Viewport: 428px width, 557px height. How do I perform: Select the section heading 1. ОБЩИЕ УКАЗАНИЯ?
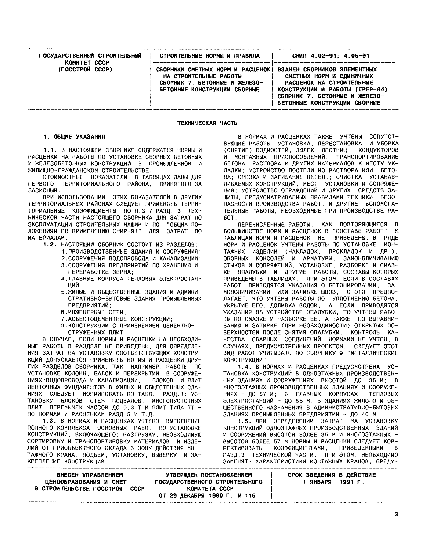[74, 137]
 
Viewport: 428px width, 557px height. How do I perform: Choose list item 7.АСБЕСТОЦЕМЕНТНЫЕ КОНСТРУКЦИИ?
[117, 319]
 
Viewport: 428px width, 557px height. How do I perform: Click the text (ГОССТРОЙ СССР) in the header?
[85, 69]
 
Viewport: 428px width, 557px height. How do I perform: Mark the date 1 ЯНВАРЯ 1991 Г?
[334, 482]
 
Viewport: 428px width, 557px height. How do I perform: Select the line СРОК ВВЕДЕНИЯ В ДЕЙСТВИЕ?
[332, 475]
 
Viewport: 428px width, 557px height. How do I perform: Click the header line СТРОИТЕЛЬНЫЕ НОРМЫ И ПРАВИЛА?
[209, 56]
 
